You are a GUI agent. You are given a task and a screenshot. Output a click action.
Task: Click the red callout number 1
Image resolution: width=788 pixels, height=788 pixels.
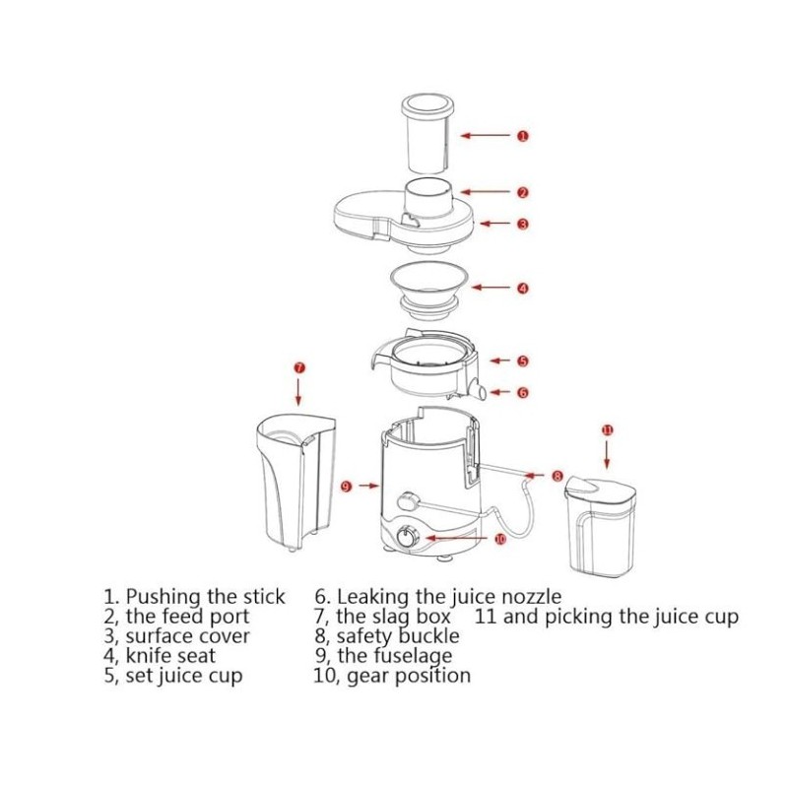click(523, 136)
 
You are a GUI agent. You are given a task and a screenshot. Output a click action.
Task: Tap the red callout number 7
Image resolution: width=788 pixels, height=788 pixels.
click(299, 368)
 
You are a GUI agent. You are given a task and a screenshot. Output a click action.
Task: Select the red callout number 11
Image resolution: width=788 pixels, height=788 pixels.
click(608, 429)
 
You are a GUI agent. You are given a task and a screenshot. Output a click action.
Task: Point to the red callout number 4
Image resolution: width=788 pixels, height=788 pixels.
click(523, 289)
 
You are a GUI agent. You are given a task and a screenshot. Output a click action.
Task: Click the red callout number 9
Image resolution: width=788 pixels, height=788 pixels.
click(347, 486)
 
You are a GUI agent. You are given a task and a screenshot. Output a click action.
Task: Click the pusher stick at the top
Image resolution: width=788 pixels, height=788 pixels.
click(427, 134)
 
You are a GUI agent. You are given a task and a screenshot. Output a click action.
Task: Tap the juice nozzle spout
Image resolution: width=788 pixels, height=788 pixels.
click(477, 390)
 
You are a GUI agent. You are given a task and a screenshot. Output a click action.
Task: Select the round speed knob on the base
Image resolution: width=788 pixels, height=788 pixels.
click(406, 537)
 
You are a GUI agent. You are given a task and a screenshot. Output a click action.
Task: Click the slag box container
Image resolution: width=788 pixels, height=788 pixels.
click(296, 482)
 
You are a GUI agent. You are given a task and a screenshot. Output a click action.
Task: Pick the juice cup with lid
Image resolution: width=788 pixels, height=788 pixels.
click(600, 526)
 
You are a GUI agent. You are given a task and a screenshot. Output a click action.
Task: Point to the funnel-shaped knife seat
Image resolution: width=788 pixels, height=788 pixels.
click(429, 290)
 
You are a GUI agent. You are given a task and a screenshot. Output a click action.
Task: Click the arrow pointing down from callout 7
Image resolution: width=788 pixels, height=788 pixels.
click(299, 391)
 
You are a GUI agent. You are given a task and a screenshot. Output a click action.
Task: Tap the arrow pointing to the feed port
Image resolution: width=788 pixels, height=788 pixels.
click(485, 192)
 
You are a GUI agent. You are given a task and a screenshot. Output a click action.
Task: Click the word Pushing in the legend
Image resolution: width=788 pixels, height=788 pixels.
click(164, 598)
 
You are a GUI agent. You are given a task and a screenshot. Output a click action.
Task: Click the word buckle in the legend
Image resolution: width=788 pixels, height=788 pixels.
click(429, 635)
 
